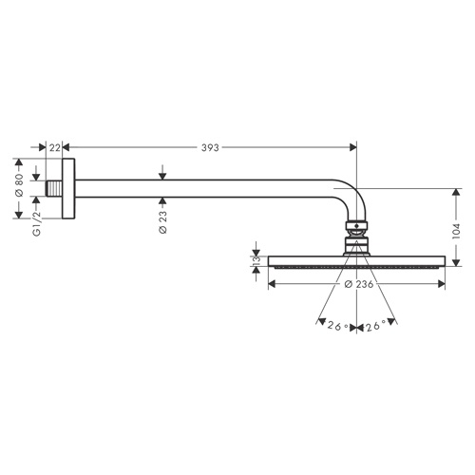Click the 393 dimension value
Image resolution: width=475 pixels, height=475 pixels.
coord(210,147)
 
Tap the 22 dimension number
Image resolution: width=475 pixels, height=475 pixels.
coord(54,147)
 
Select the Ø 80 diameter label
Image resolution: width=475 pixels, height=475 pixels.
coord(19,185)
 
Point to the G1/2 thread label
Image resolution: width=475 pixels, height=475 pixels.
coord(37,223)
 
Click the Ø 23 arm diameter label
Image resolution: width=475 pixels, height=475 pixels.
coord(162,221)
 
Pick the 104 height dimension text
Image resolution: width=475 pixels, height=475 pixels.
coord(456,231)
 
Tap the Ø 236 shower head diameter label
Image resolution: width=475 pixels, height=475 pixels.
coord(359,284)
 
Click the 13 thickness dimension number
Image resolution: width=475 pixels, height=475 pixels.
coord(256,260)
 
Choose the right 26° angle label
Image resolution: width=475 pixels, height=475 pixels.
coord(376,326)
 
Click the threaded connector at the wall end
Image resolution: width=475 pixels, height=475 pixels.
coord(54,188)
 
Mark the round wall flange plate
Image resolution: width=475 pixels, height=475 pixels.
coord(68,188)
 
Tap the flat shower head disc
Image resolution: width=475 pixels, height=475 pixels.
coord(356,261)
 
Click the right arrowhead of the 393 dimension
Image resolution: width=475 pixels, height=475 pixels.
coord(352,147)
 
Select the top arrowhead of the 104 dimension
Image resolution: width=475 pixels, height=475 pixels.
coord(456,193)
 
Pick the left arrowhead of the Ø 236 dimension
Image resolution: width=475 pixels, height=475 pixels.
coord(273,284)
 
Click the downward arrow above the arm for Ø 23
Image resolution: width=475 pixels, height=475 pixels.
coord(162,172)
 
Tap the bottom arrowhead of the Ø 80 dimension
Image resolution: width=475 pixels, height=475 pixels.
coord(19,215)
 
